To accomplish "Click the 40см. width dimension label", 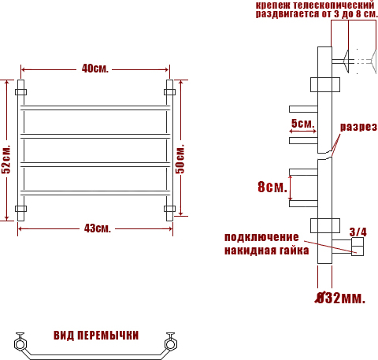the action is (x=94, y=69).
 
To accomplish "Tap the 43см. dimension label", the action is (x=98, y=228).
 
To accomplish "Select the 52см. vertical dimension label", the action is (x=6, y=159).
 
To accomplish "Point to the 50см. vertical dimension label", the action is (x=180, y=158).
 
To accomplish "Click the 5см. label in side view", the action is (x=302, y=123).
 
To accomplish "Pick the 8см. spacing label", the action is (x=272, y=187).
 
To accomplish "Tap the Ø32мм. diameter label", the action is (x=340, y=298).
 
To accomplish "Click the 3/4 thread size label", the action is (x=358, y=232).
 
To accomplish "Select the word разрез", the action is (x=358, y=127).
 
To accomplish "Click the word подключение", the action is (x=261, y=237).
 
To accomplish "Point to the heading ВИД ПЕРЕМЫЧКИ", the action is (x=96, y=336).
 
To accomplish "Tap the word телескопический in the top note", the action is (x=334, y=5).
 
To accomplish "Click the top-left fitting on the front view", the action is (x=20, y=92).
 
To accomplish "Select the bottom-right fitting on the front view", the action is (x=169, y=209).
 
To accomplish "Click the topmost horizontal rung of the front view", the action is (x=95, y=108).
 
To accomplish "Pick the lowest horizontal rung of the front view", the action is (x=95, y=193).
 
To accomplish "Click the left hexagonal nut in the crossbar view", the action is (x=20, y=344).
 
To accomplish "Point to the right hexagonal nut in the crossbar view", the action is (x=170, y=344).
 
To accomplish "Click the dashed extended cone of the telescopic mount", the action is (x=373, y=61).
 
